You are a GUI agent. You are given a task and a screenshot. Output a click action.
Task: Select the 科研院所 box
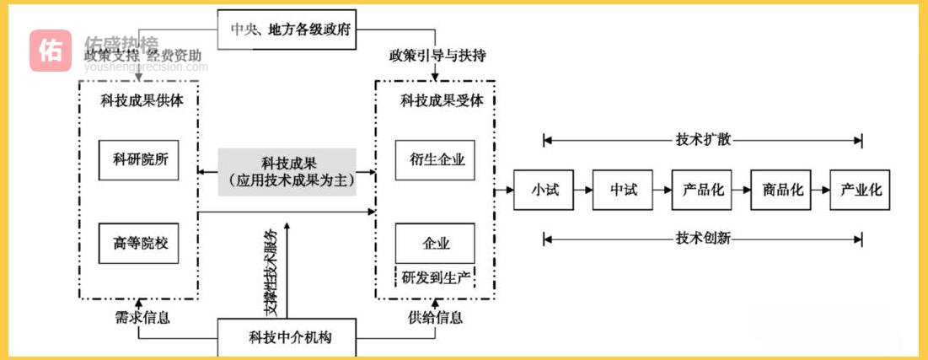140,160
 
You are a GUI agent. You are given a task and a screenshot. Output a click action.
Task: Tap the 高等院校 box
140,244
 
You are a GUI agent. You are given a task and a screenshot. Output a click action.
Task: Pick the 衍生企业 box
436,160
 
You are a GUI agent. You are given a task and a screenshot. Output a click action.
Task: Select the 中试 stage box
624,191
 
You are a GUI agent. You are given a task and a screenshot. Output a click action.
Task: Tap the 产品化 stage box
703,191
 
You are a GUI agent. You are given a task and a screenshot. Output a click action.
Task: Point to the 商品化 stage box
782,191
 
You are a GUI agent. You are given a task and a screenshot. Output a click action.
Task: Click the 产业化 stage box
861,191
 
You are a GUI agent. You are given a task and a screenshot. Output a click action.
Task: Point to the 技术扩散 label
703,140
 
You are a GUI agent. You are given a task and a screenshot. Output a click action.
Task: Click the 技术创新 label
703,239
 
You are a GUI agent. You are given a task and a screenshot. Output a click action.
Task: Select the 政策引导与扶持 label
437,56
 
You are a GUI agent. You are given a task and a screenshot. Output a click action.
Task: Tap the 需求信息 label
142,318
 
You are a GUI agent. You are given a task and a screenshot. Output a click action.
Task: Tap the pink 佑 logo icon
51,51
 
